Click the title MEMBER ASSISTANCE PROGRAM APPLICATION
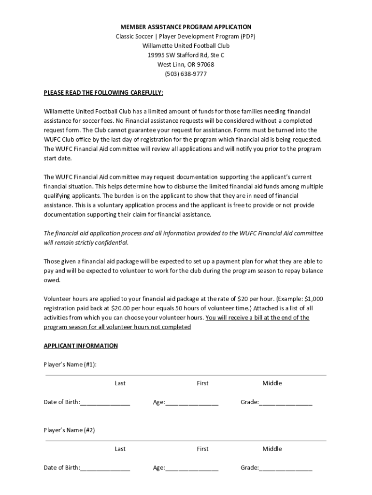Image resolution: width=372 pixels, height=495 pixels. [186, 27]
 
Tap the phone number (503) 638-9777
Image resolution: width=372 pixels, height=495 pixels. [186, 74]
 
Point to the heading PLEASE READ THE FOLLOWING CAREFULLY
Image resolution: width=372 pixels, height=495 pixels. [103, 92]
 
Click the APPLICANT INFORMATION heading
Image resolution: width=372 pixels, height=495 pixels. [81, 346]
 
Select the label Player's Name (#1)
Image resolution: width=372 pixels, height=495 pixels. [70, 364]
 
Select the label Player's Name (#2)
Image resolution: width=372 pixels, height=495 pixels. [69, 430]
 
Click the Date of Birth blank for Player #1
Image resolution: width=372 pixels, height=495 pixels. [105, 403]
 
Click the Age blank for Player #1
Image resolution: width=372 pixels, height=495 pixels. [192, 403]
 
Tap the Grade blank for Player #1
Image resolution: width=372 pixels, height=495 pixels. [286, 403]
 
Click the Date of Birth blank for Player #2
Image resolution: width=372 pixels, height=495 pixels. [105, 468]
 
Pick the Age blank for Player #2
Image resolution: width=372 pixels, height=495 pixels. [192, 468]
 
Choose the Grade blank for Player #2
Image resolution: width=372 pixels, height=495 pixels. [286, 468]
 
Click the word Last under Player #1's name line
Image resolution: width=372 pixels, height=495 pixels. [120, 383]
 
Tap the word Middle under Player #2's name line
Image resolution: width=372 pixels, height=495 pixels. [272, 449]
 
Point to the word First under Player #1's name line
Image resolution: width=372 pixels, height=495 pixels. [203, 383]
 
